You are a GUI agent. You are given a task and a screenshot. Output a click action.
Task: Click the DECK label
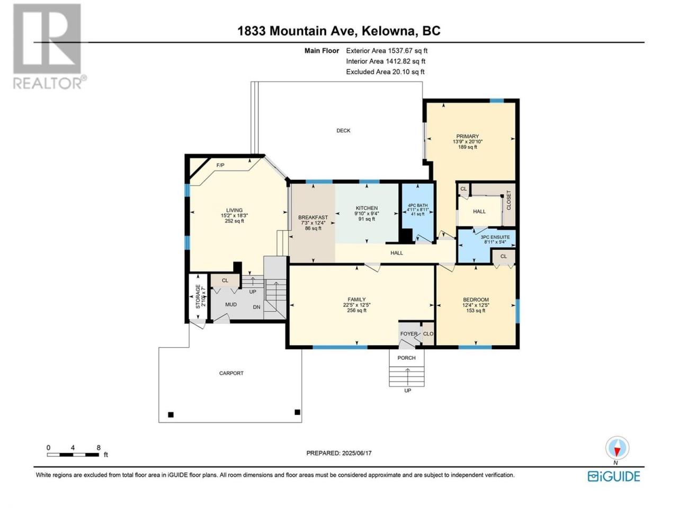(x=343, y=131)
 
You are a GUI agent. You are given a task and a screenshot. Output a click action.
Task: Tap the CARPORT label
(x=231, y=373)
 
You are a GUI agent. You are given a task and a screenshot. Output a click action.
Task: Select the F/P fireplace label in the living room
(x=220, y=165)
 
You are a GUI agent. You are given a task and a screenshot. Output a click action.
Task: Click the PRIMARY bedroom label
(x=468, y=137)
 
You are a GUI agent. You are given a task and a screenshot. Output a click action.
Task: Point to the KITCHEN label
(x=367, y=208)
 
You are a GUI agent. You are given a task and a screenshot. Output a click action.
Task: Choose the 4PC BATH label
(x=417, y=205)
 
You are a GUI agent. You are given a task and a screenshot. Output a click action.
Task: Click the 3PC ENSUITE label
(x=495, y=237)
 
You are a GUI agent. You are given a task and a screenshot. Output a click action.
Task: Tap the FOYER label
(x=409, y=334)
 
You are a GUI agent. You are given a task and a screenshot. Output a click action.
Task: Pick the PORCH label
(x=406, y=358)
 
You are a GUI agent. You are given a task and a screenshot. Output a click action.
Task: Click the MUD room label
(x=231, y=304)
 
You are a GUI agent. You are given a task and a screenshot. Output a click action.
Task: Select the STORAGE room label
(x=198, y=297)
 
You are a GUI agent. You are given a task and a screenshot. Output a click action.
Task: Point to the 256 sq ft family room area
(x=357, y=310)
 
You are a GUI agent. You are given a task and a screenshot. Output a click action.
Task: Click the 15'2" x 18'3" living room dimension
(x=235, y=215)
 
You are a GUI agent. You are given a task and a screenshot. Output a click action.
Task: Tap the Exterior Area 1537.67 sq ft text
(x=387, y=51)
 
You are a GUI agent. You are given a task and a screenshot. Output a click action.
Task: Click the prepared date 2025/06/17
(x=357, y=453)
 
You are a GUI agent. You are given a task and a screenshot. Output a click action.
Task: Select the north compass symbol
(x=617, y=448)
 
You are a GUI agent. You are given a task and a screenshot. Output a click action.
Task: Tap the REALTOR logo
(x=49, y=47)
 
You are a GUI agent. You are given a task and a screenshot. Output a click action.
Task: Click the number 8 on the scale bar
(x=99, y=448)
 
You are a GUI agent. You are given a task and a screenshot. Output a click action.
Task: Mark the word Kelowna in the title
(x=388, y=31)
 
